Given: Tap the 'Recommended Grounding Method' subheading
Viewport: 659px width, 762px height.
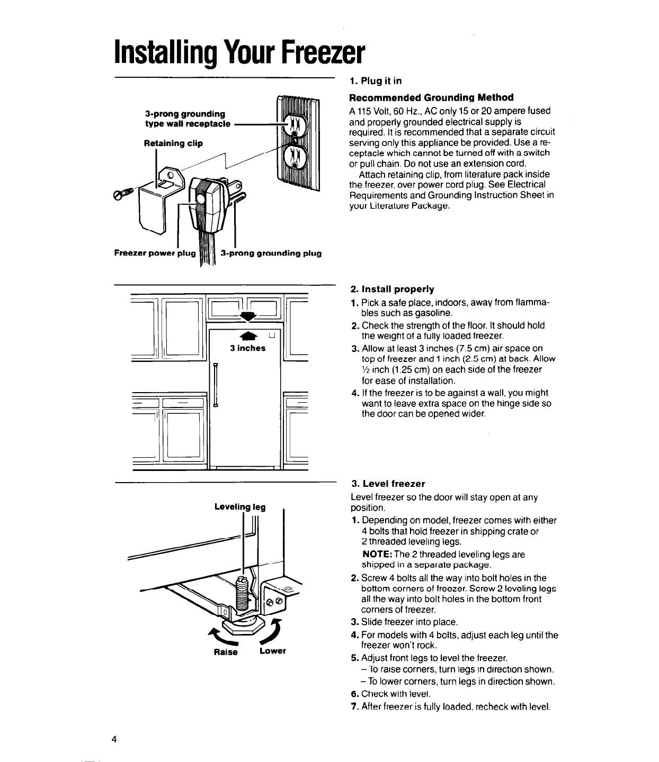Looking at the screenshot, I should [431, 97].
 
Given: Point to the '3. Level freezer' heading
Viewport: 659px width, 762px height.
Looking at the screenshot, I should [388, 484].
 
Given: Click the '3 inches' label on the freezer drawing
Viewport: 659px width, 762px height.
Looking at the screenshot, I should [247, 348].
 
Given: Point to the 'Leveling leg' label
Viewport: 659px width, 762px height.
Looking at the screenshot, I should [239, 507].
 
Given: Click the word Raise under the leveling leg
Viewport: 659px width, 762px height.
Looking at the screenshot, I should [224, 652].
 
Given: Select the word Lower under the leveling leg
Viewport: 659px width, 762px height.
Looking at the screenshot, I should [272, 650].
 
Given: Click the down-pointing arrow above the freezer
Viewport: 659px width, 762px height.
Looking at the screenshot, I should [247, 316].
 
